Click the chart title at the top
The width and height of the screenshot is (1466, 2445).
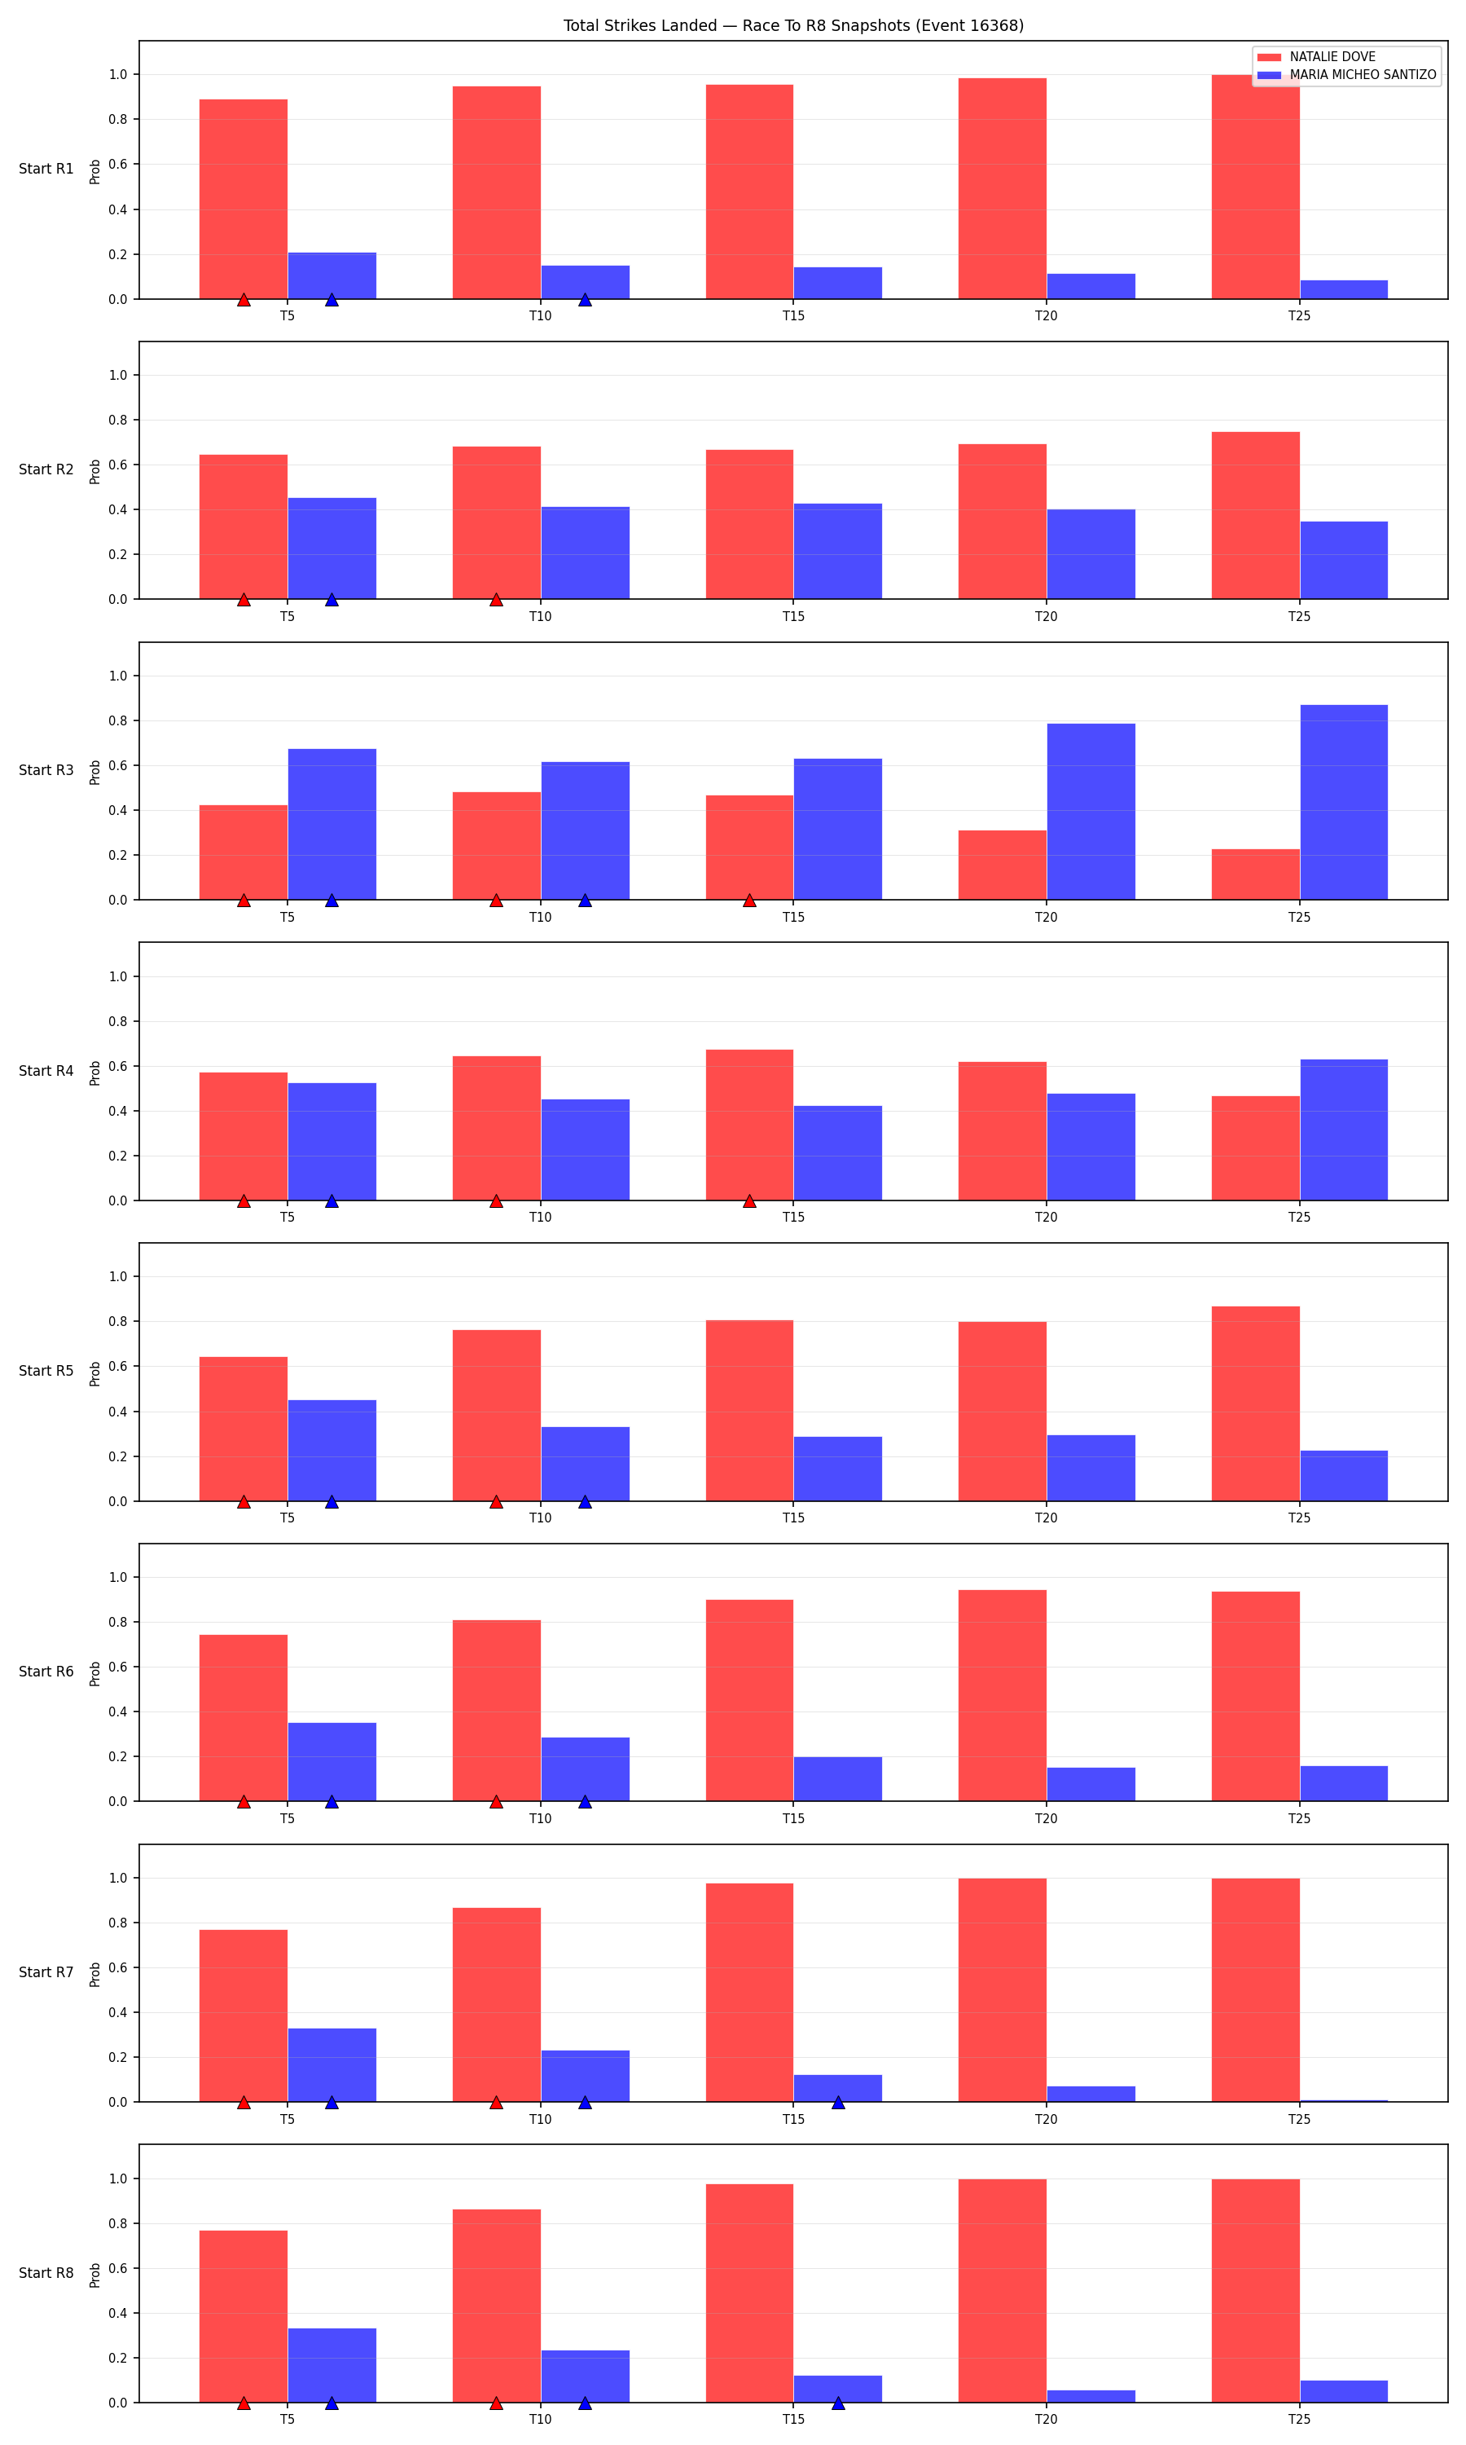[793, 26]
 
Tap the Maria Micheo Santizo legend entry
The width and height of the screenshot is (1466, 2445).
[1346, 75]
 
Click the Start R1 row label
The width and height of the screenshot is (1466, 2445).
[46, 169]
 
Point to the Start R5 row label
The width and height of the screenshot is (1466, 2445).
[46, 1371]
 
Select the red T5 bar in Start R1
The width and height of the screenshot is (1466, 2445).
[243, 199]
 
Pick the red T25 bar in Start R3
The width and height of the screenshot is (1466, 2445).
[1256, 874]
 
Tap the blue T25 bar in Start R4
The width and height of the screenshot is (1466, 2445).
[1344, 1130]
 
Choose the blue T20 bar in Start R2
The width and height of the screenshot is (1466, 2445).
[1091, 553]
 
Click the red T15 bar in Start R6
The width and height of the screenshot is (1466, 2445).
[748, 1700]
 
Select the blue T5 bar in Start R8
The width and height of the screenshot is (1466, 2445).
[332, 2365]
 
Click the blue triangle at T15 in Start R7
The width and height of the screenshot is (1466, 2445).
[838, 2102]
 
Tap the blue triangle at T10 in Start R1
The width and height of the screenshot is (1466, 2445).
[585, 299]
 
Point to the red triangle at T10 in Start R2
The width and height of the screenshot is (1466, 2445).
[496, 600]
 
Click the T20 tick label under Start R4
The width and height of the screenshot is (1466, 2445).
[1047, 1218]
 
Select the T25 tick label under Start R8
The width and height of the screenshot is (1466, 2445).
[1299, 2419]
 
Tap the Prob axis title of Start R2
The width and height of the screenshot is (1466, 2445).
[94, 471]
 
